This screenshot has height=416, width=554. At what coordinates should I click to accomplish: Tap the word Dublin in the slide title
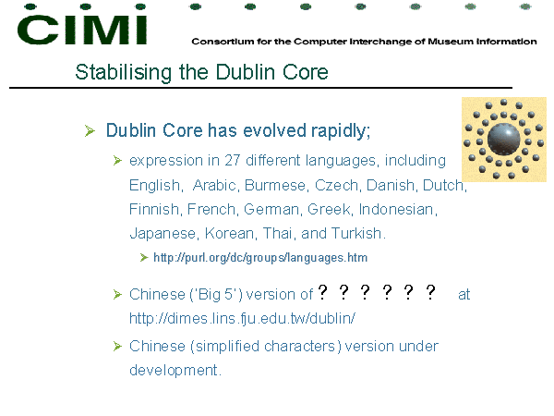pos(246,72)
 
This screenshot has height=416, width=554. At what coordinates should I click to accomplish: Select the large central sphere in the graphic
pos(503,140)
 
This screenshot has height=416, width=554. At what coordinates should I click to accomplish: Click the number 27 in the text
pos(232,160)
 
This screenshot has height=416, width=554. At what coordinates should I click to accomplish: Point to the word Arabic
pos(215,185)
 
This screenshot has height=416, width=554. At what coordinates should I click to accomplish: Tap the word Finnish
pos(155,209)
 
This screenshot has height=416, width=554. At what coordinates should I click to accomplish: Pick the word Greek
pos(330,209)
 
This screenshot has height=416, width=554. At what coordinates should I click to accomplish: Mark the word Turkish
pos(357,234)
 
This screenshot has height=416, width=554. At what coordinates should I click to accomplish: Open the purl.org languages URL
pos(260,258)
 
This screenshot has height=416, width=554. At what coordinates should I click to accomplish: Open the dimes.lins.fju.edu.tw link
pos(242,318)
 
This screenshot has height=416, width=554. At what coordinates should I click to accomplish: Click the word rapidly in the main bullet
pos(340,131)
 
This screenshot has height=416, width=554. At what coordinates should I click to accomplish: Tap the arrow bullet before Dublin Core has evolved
pos(90,130)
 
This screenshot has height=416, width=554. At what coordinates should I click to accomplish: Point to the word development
pos(175,371)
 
